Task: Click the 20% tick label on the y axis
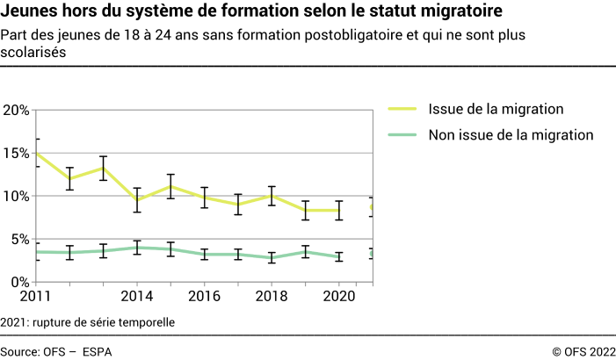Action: click(17, 111)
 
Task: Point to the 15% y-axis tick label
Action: click(17, 154)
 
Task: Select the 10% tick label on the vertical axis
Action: click(17, 197)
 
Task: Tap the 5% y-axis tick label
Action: click(20, 240)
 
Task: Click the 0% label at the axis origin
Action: click(20, 282)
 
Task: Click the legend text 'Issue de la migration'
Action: click(496, 109)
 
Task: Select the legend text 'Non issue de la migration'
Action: click(511, 135)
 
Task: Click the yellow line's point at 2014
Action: click(136, 200)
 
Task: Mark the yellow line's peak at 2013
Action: click(103, 168)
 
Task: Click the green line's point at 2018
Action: click(272, 257)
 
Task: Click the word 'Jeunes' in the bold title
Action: click(31, 12)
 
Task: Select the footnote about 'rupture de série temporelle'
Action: click(88, 322)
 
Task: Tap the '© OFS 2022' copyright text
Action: click(583, 350)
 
